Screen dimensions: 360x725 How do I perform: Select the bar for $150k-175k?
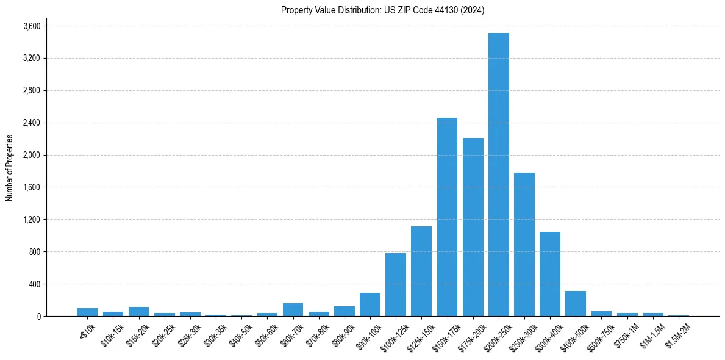447,217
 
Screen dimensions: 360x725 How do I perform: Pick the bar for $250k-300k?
524,244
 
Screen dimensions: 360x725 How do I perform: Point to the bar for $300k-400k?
549,274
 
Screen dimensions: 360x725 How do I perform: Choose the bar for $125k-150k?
421,272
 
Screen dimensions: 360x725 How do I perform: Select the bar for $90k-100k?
370,305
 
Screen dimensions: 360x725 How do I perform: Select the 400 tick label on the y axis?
35,284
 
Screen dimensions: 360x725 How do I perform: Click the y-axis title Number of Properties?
9,167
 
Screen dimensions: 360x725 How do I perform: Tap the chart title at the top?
382,10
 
